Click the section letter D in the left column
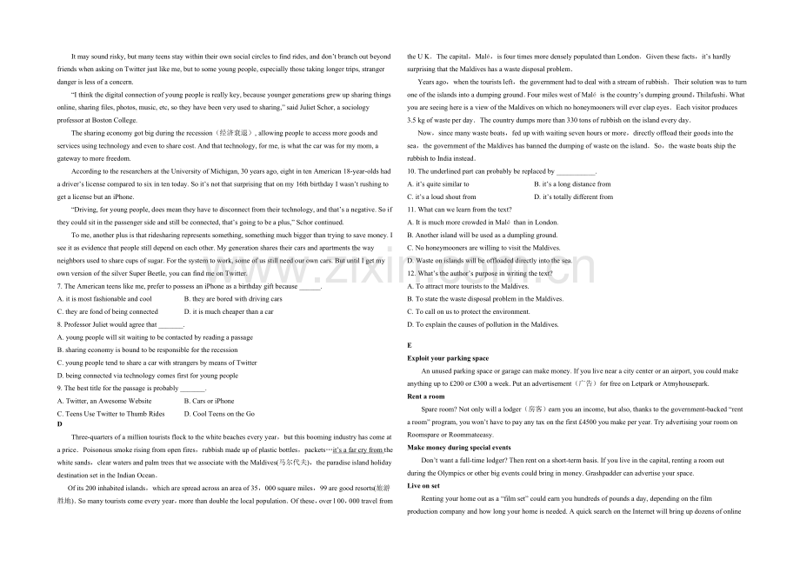click(60, 423)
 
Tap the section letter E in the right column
click(410, 345)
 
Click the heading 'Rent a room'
click(425, 396)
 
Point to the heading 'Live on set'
click(424, 486)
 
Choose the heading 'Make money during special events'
click(459, 447)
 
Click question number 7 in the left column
click(59, 286)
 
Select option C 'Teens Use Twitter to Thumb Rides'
click(110, 414)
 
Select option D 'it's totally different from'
click(573, 197)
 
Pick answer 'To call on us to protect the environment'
click(472, 312)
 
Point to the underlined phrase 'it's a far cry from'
click(357, 450)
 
